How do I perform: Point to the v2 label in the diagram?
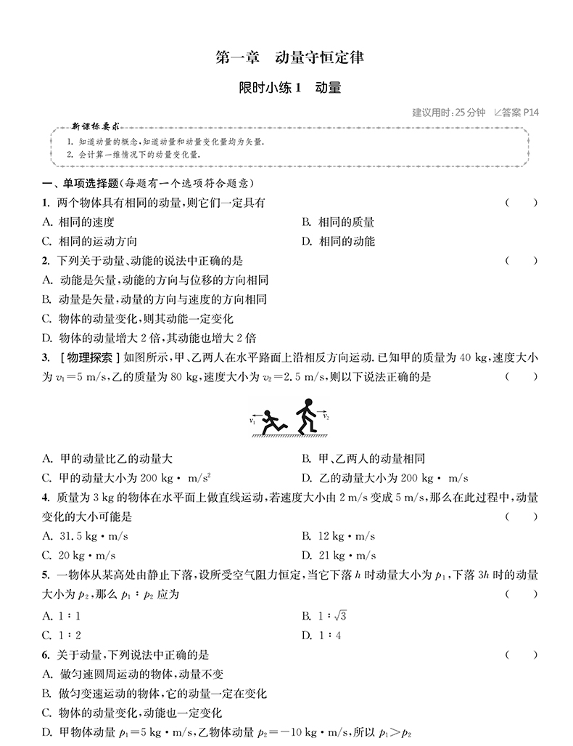pyautogui.click(x=326, y=418)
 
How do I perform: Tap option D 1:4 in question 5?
pyautogui.click(x=318, y=635)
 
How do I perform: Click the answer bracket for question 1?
pyautogui.click(x=522, y=203)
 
